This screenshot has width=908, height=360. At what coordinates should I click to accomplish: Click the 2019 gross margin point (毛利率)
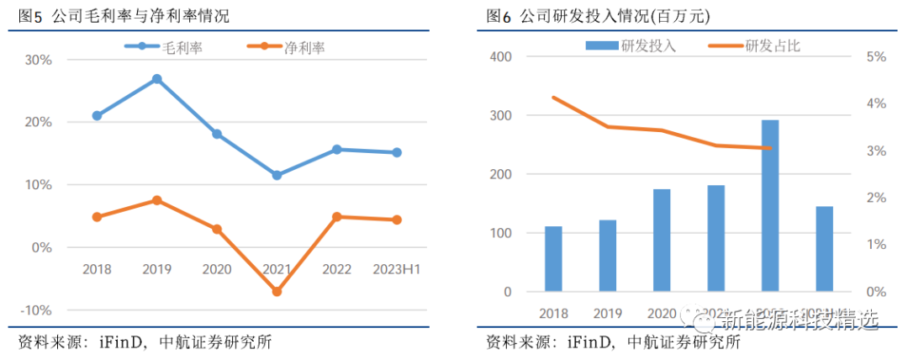click(x=156, y=79)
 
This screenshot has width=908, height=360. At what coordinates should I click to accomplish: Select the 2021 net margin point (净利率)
click(x=277, y=291)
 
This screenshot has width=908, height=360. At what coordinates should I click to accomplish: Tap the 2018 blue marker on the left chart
click(x=97, y=115)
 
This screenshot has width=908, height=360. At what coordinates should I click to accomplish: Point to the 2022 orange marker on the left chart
click(x=336, y=216)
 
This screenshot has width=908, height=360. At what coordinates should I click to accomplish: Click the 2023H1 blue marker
click(x=397, y=152)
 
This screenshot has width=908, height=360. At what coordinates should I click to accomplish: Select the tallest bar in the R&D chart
click(x=770, y=205)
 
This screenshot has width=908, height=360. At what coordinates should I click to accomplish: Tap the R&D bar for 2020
click(x=662, y=241)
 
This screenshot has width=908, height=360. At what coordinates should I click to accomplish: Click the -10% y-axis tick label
click(x=36, y=310)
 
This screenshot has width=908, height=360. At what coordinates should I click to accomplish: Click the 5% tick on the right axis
click(x=876, y=56)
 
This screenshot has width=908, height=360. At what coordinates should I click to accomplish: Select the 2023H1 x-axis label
click(x=397, y=269)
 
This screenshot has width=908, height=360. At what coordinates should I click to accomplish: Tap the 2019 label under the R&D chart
click(x=607, y=313)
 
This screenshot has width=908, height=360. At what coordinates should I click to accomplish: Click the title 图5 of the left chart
click(x=31, y=16)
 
